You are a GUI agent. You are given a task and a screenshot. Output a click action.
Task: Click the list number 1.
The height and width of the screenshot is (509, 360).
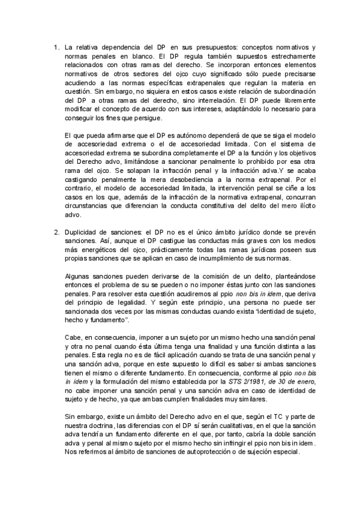tap(56, 47)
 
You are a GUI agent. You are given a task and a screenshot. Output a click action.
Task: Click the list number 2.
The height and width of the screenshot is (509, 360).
tap(56, 232)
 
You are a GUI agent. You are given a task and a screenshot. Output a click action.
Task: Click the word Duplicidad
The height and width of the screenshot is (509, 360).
tap(83, 232)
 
